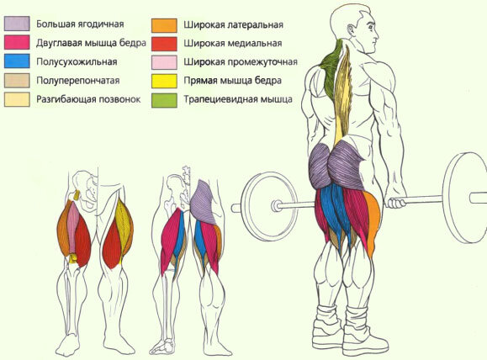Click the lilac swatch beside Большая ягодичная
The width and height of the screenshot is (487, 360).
tap(17, 24)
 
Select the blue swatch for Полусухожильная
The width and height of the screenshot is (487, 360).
tap(17, 61)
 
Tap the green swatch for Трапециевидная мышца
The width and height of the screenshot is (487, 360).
tap(164, 100)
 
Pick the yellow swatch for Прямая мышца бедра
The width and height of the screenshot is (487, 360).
tap(164, 81)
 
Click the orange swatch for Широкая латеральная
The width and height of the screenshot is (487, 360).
tap(164, 25)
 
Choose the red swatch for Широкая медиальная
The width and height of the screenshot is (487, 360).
tap(164, 44)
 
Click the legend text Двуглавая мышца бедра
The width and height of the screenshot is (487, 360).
tap(91, 43)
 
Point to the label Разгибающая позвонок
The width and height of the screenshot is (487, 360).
tap(88, 99)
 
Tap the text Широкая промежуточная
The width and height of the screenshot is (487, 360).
tap(241, 62)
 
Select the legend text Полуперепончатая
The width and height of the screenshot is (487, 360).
tap(78, 81)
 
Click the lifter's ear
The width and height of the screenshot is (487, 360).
tap(351, 30)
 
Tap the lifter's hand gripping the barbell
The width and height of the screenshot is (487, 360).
tap(397, 203)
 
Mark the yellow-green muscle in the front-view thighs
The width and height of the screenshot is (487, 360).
tap(124, 225)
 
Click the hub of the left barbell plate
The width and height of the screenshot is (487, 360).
tap(275, 205)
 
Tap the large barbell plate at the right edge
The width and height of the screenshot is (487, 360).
tap(464, 198)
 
